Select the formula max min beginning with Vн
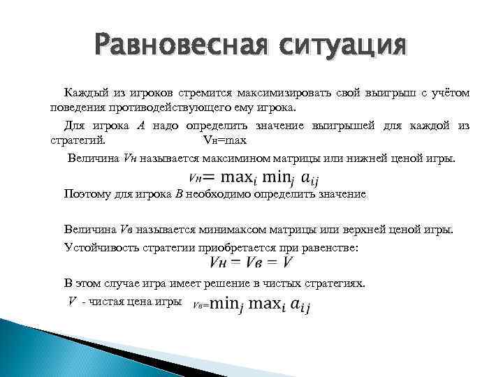point(247,177)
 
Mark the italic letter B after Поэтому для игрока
point(178,194)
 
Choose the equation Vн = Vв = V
point(251,263)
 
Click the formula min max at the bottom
point(251,304)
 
